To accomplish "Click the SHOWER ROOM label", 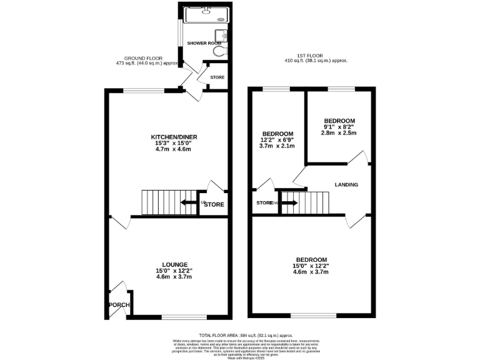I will click(x=204, y=43).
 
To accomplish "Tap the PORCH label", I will click(x=118, y=305).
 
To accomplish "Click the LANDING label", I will click(x=346, y=185).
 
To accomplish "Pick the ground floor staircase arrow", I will click(x=188, y=202).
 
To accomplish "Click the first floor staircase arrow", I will click(x=290, y=202).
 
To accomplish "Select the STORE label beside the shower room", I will click(x=217, y=78).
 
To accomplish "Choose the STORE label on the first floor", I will click(x=264, y=202).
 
